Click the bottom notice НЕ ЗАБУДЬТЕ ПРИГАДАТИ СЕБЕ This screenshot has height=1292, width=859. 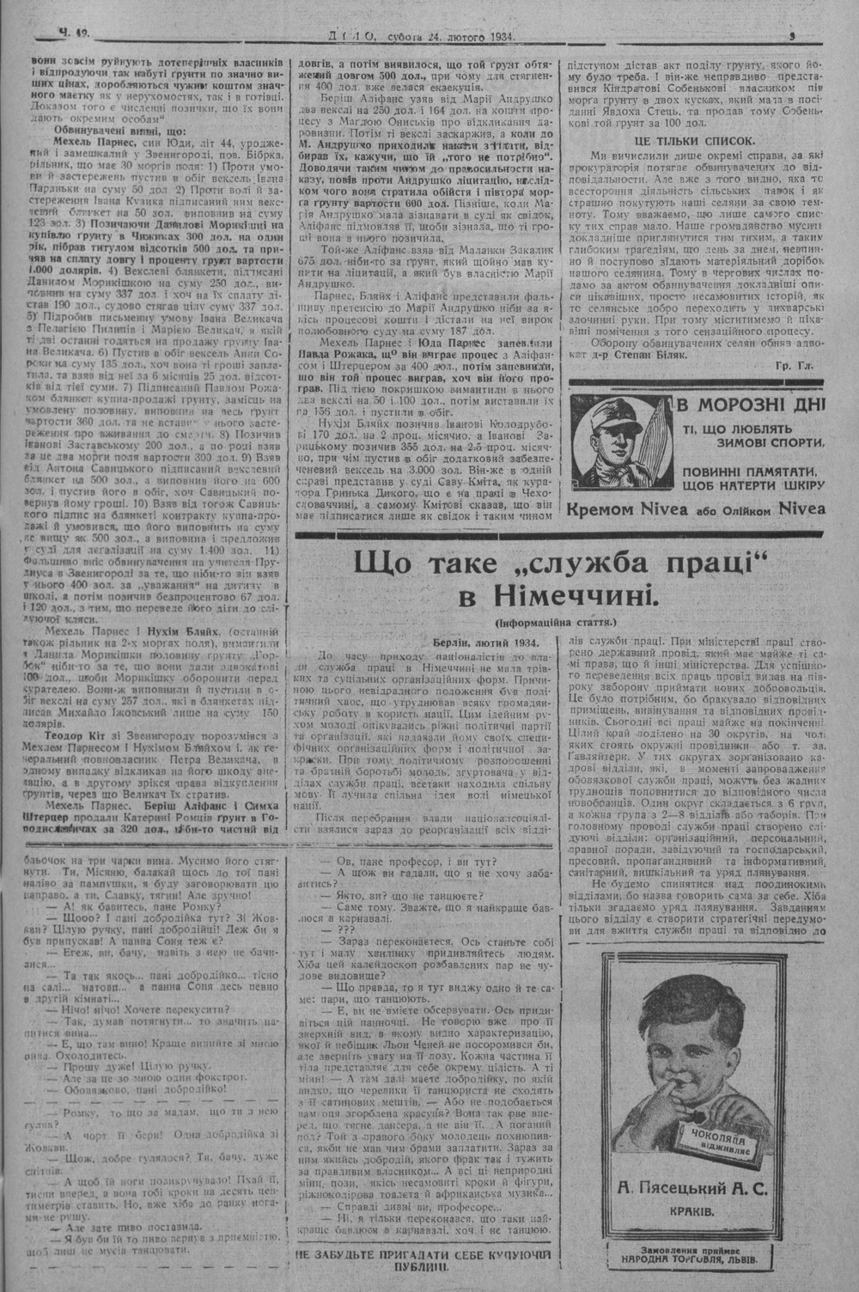424,1261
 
